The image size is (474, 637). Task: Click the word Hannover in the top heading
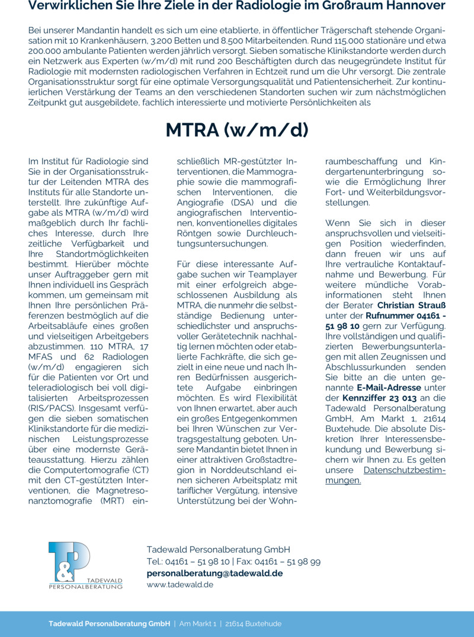point(414,7)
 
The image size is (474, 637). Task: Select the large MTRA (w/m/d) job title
point(237,130)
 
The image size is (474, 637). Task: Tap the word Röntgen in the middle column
point(194,233)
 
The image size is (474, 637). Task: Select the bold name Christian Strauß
point(411,305)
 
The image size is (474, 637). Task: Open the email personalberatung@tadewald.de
point(214,573)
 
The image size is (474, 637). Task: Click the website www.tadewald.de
point(180,584)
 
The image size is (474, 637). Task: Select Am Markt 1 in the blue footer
point(198,624)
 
